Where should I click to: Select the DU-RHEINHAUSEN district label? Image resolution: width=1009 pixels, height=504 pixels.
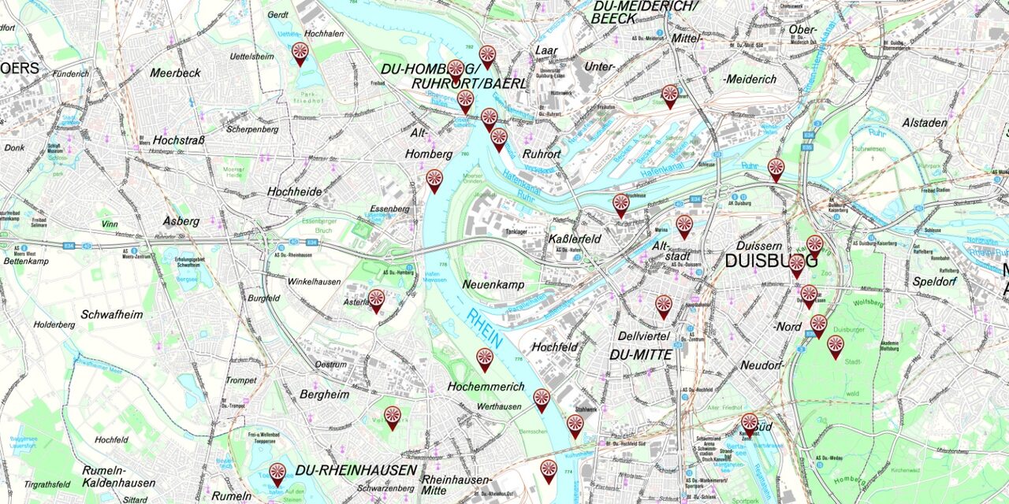[356, 470]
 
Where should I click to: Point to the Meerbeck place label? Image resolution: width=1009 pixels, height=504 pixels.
[175, 72]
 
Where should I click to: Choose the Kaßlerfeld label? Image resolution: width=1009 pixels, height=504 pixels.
[574, 239]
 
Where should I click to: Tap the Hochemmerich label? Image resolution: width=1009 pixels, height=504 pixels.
[486, 387]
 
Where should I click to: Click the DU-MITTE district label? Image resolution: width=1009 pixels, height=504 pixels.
[641, 355]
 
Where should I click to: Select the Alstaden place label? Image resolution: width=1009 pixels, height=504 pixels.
[925, 123]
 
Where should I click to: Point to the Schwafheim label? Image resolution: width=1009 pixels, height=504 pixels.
[112, 314]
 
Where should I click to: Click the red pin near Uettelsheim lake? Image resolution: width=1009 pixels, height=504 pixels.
[300, 53]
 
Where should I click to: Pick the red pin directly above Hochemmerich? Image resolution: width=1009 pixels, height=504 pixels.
[485, 359]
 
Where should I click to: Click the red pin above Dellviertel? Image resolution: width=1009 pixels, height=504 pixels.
[664, 306]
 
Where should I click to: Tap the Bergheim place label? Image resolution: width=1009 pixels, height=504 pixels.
[324, 395]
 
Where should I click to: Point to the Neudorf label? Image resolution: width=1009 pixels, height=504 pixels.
[761, 365]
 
